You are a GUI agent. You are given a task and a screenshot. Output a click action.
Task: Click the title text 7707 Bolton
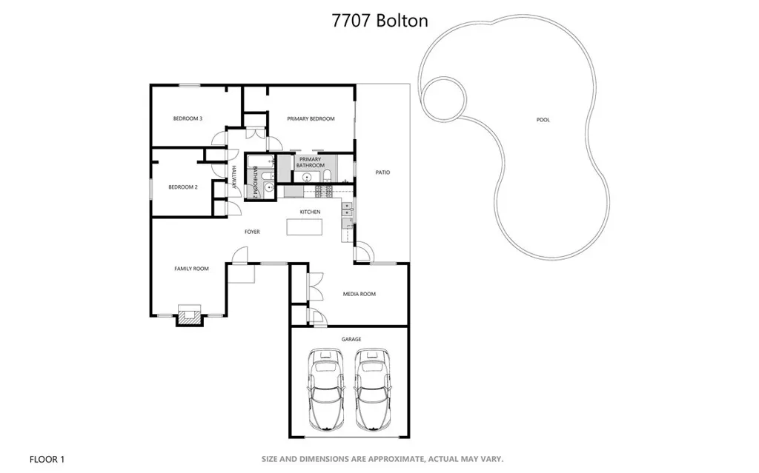(379, 20)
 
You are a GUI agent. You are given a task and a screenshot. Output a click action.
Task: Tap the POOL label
(543, 120)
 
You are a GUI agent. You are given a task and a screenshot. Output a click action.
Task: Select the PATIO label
(382, 172)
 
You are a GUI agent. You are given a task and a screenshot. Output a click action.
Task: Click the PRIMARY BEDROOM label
(311, 118)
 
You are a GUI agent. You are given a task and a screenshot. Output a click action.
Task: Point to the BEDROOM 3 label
(188, 118)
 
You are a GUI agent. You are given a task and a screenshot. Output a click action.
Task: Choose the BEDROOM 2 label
(183, 187)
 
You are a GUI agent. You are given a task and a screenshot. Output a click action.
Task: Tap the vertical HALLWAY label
(233, 178)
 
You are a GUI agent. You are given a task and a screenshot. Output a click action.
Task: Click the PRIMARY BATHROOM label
(311, 162)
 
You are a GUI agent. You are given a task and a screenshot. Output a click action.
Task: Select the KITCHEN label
(310, 212)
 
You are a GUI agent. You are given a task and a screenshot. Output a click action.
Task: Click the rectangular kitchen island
(306, 227)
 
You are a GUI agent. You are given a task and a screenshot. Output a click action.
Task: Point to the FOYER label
(253, 232)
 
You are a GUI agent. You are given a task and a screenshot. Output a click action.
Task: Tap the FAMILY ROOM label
(191, 269)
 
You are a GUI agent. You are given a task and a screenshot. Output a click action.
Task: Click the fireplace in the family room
(188, 315)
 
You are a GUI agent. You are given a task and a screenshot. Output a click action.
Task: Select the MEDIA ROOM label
(359, 294)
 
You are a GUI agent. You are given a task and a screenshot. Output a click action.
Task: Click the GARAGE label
(351, 340)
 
